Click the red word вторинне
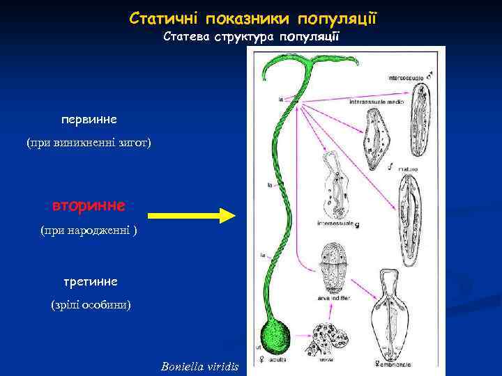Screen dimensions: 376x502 pyautogui.click(x=89, y=206)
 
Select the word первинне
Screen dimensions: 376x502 pyautogui.click(x=89, y=119)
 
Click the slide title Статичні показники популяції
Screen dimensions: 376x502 pyautogui.click(x=252, y=17)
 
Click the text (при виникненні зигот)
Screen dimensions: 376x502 pyautogui.click(x=89, y=143)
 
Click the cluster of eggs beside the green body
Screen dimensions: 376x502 pyautogui.click(x=328, y=341)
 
